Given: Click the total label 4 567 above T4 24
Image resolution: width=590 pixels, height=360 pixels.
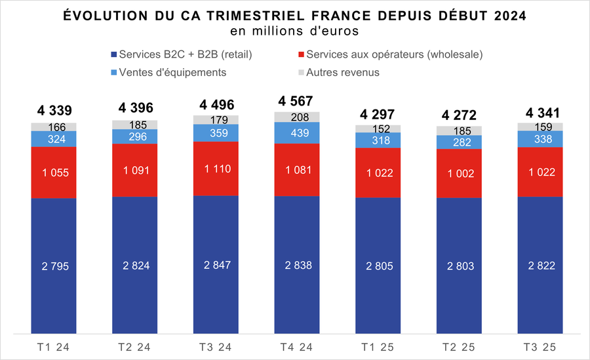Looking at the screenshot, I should (296, 101).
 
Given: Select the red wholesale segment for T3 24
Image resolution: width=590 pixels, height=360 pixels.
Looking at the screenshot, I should (216, 169).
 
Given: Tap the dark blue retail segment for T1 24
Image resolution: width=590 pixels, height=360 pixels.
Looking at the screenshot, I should (54, 266).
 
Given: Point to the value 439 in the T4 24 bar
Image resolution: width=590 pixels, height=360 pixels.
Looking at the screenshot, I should (296, 132).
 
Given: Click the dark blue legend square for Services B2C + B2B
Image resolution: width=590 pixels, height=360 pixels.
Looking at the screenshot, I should (115, 54).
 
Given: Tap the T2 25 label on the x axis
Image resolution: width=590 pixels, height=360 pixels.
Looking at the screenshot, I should (459, 346).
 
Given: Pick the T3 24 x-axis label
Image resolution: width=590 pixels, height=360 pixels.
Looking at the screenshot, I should (216, 346).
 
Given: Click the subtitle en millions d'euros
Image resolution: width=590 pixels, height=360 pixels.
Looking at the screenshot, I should (294, 31).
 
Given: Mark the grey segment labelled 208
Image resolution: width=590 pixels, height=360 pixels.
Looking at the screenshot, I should (296, 117).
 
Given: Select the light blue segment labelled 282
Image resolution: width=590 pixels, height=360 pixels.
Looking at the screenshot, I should (459, 142).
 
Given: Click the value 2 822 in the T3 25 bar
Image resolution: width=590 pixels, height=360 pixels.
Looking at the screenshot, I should (540, 266).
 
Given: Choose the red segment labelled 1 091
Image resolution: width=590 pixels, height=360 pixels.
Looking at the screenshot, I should (134, 170).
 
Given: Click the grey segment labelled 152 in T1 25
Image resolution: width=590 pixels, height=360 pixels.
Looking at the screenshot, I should (378, 129).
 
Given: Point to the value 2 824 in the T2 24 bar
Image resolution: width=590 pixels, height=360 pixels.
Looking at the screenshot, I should (134, 266).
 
